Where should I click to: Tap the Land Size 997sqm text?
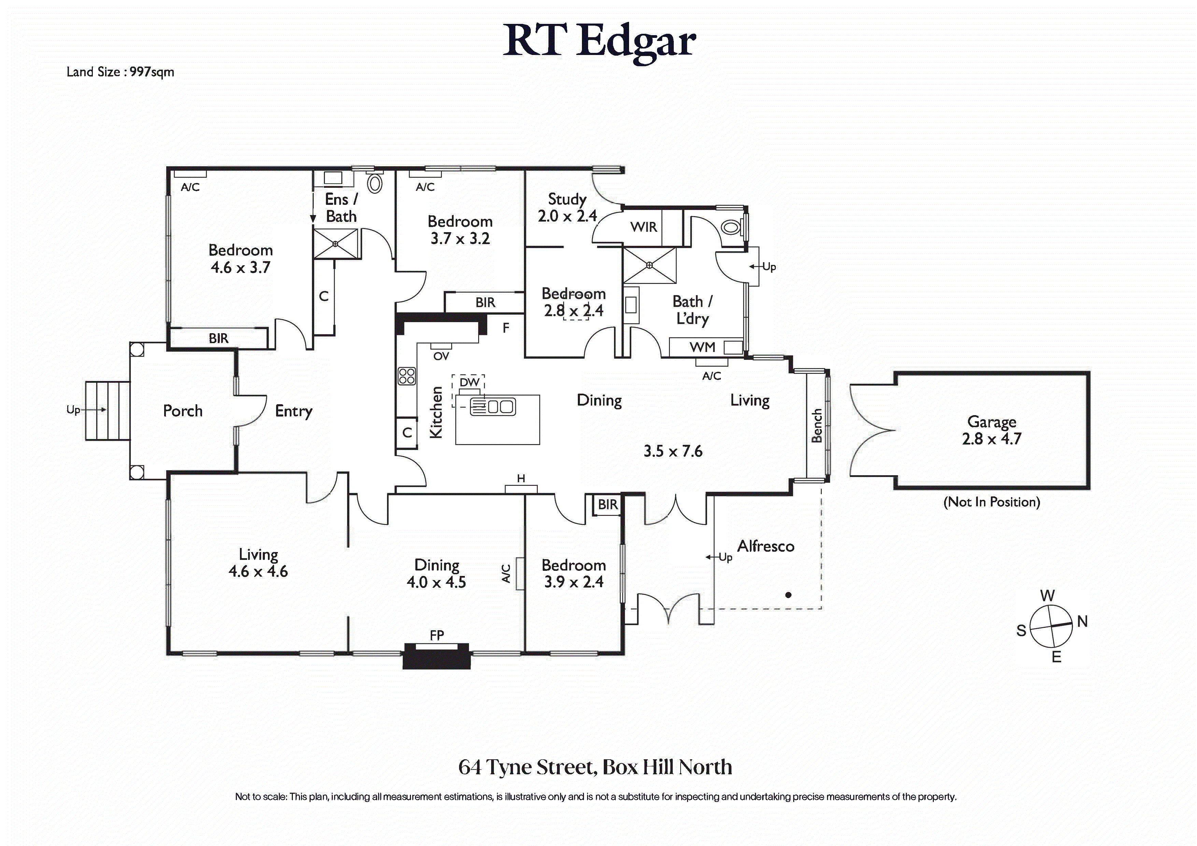tap(120, 72)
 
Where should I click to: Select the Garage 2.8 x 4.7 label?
tap(992, 430)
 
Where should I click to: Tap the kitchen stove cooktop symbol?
tap(407, 376)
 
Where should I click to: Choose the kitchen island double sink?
tap(499, 406)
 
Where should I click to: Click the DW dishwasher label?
tap(469, 382)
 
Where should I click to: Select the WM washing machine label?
tap(702, 347)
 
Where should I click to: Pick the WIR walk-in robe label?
tap(643, 227)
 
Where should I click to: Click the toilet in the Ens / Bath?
tap(375, 184)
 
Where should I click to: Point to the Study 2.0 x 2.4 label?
tap(567, 207)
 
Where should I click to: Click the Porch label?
tap(183, 411)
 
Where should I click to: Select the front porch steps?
tap(108, 410)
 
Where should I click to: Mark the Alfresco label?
tap(765, 546)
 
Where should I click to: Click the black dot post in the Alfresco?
tap(788, 595)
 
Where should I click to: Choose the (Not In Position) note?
tap(992, 502)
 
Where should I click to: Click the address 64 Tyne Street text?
tap(595, 767)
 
